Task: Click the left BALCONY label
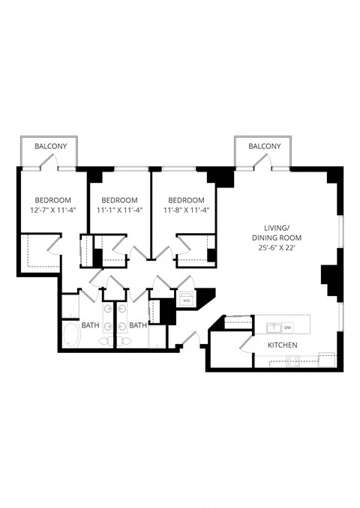(x=46, y=147)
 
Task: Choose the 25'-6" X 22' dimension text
(x=282, y=247)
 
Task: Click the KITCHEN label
(x=283, y=345)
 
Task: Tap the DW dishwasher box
(x=287, y=327)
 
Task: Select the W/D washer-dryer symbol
(x=186, y=300)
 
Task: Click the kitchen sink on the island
(x=274, y=327)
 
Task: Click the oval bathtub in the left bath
(x=71, y=335)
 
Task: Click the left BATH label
(x=90, y=325)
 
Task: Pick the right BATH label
(x=138, y=325)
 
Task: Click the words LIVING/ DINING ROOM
(x=282, y=232)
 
